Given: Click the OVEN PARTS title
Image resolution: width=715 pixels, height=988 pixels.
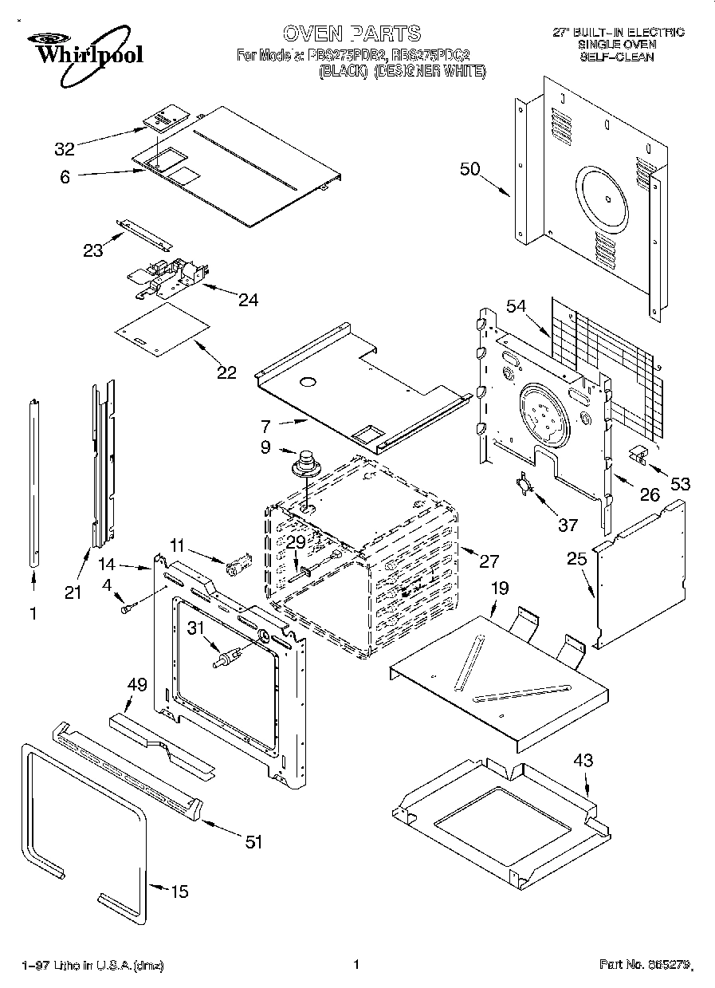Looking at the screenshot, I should (352, 33).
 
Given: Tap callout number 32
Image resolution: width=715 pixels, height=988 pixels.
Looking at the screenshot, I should (65, 149).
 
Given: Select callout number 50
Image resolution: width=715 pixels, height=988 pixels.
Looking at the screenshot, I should (470, 168).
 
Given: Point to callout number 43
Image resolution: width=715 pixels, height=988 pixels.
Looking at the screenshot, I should (583, 761).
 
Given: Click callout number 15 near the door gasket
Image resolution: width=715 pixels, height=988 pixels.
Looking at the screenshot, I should (180, 891).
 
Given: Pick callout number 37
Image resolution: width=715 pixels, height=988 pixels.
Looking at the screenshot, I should (567, 524).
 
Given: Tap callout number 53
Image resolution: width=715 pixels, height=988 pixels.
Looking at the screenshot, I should (680, 483).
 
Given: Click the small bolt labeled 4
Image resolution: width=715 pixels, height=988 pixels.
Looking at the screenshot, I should (126, 609).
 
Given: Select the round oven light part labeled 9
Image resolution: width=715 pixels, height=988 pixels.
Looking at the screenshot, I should (304, 463).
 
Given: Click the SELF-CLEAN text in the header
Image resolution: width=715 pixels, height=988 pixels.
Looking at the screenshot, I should (617, 57).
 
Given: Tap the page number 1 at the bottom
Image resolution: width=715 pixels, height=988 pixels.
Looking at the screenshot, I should (356, 964).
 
